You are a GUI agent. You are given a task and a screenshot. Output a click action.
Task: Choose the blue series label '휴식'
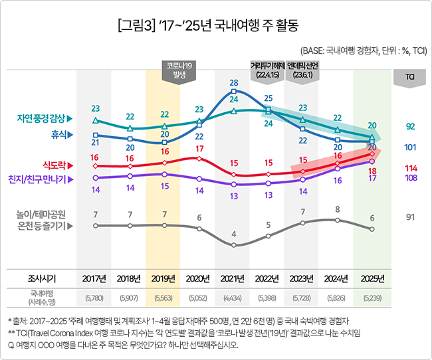click(x=60, y=134)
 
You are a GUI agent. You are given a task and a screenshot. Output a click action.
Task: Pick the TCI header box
click(x=410, y=77)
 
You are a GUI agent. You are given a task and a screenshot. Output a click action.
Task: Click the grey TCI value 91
click(x=410, y=216)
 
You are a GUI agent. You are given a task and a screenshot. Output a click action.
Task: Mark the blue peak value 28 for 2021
click(x=233, y=83)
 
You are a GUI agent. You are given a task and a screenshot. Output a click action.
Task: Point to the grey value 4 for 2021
click(x=233, y=234)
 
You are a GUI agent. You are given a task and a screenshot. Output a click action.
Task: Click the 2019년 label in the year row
click(x=163, y=278)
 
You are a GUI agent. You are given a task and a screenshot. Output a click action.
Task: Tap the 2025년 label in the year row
click(x=372, y=278)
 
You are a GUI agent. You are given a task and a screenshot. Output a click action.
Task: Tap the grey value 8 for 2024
click(x=337, y=209)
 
